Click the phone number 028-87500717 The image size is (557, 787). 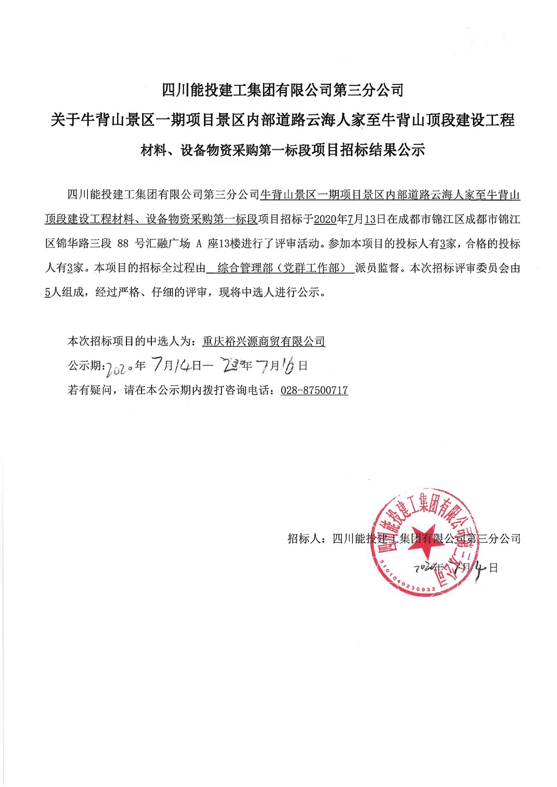coord(314,390)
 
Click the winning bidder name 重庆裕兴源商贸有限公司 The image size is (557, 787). coord(264,341)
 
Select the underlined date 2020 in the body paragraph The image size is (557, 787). coord(325,220)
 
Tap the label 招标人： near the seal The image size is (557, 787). coord(307,539)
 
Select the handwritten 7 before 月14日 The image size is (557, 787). coord(157,364)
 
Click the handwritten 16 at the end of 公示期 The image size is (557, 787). coord(287,366)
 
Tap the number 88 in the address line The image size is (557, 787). coord(123,244)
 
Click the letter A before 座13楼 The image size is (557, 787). coord(199,244)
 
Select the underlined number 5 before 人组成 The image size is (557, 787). coord(48,293)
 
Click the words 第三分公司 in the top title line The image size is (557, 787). coord(369,90)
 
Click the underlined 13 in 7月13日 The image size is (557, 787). coord(370,220)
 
